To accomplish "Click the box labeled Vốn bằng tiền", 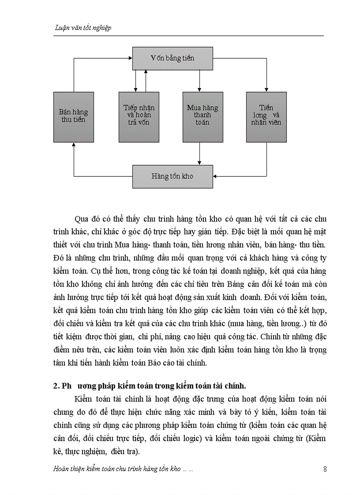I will (x=172, y=58).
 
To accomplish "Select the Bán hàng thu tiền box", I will (x=73, y=117).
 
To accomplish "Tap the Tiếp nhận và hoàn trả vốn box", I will (x=139, y=117).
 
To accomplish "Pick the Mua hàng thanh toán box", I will (x=202, y=117).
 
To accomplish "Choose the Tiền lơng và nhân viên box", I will (x=266, y=117).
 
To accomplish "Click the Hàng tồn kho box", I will (x=172, y=176).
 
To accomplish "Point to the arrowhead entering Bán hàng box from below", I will (x=73, y=145).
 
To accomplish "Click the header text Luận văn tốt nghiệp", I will (x=82, y=28).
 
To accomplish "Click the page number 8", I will (x=325, y=469).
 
